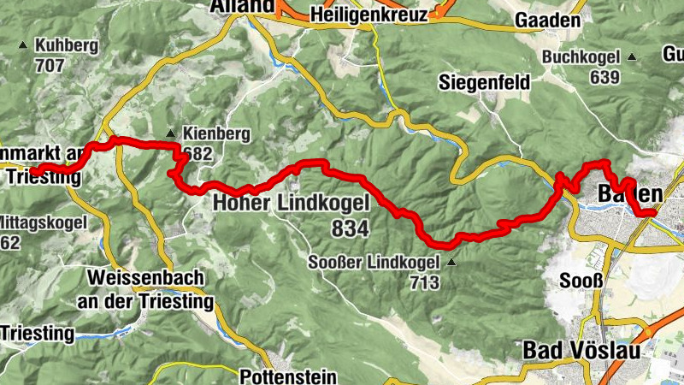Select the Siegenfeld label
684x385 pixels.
click(x=484, y=83)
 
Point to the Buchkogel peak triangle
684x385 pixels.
click(x=632, y=57)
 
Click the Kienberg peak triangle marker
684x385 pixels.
click(x=171, y=133)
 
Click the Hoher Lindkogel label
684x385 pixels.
click(x=290, y=204)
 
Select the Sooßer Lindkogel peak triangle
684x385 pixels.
click(x=451, y=263)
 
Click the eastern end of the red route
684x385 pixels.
click(x=655, y=211)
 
